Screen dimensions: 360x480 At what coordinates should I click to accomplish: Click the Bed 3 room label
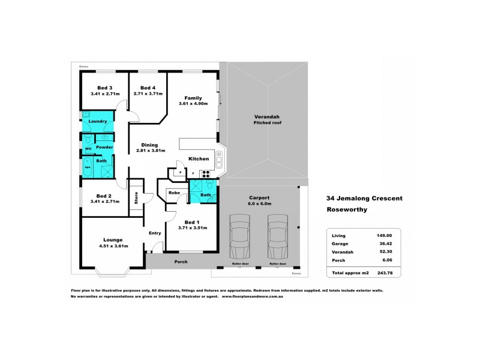click(96, 88)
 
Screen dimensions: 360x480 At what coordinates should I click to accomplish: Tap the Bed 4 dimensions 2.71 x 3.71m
click(148, 94)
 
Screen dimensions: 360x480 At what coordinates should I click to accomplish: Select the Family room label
click(193, 98)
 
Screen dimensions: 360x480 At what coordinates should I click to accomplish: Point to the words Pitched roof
click(267, 122)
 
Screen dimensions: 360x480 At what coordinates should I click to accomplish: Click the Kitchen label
click(199, 159)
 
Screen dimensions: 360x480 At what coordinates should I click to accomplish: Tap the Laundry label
click(97, 122)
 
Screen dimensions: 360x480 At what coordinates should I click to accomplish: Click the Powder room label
click(104, 147)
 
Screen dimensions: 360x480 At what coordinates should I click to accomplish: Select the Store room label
click(136, 197)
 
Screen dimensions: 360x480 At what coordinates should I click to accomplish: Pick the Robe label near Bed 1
click(174, 193)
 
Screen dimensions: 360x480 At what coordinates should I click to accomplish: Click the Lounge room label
click(113, 239)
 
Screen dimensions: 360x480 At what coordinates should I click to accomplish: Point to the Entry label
click(155, 233)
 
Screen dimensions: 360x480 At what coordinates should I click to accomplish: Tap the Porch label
click(181, 262)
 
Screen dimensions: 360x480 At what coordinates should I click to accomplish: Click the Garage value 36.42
click(384, 244)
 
